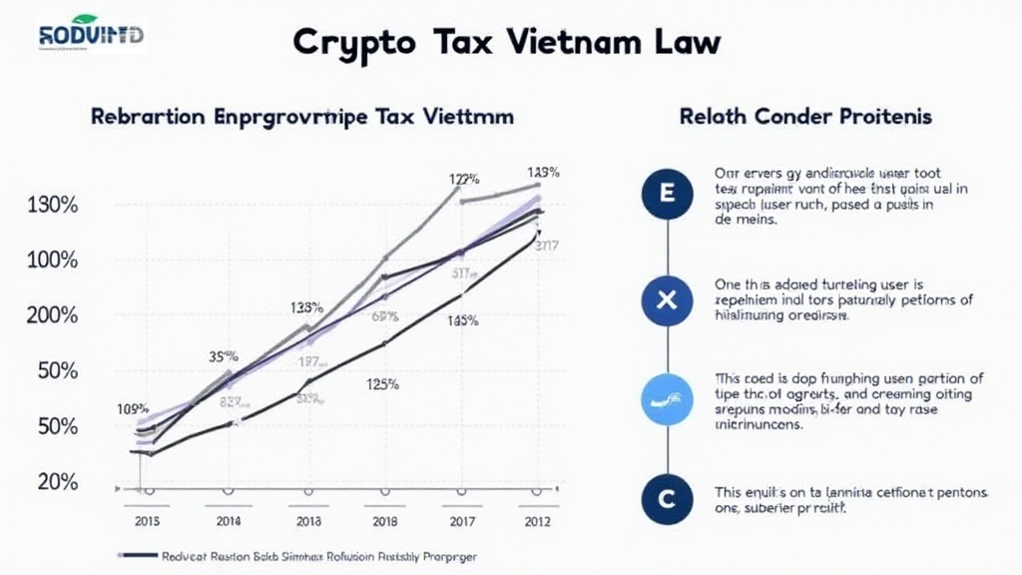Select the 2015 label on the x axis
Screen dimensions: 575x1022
click(x=146, y=520)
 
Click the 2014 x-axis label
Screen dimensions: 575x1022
click(x=228, y=520)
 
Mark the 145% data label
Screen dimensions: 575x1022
click(x=462, y=321)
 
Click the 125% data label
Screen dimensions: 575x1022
click(x=383, y=383)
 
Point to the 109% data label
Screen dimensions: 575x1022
click(x=133, y=408)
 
